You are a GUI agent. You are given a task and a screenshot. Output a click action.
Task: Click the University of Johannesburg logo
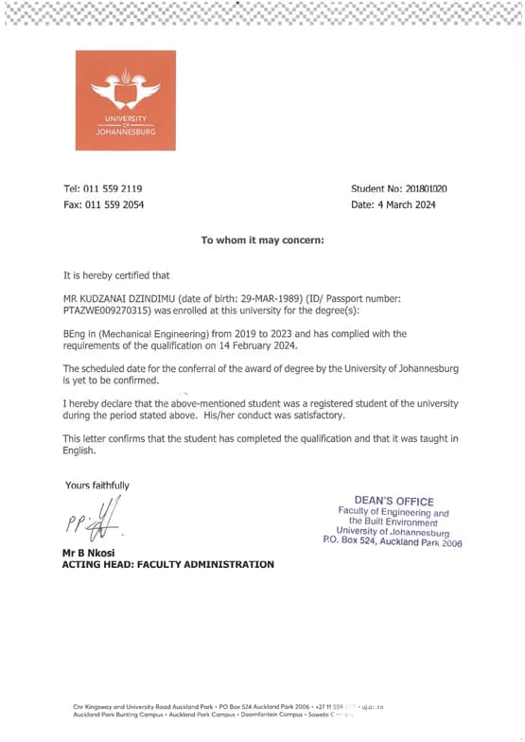(125, 100)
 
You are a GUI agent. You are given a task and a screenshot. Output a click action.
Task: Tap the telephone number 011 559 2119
(114, 188)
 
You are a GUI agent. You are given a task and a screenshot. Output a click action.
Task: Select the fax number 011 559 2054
(114, 204)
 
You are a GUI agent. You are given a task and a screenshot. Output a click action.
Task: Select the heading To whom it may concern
(262, 239)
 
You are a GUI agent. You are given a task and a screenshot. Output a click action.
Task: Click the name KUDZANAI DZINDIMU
(129, 298)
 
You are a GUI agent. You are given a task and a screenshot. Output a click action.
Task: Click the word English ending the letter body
(79, 450)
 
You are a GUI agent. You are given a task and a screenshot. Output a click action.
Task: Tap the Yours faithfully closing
(97, 486)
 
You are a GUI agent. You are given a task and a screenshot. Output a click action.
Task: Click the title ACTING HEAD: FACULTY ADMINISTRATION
(167, 564)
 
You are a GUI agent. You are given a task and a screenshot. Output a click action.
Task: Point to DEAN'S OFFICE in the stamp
(394, 502)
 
